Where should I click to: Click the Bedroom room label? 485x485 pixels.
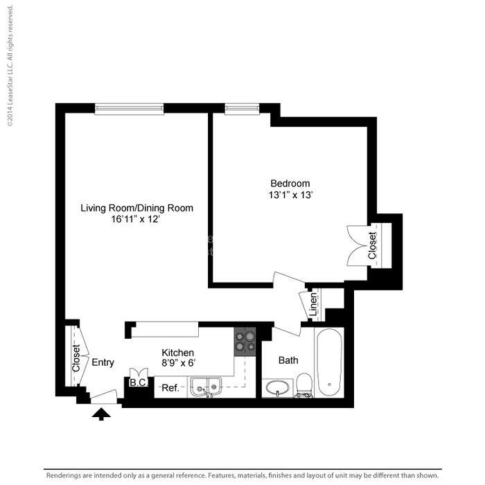pyautogui.click(x=290, y=184)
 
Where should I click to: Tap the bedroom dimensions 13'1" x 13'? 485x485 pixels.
pyautogui.click(x=291, y=195)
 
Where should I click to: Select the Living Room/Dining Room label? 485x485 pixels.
pyautogui.click(x=136, y=208)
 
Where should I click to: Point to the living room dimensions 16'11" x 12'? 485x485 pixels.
pyautogui.click(x=136, y=220)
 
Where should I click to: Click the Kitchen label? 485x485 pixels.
pyautogui.click(x=178, y=353)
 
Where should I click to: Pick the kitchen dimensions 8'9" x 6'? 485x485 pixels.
pyautogui.click(x=179, y=362)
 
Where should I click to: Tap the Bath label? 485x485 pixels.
pyautogui.click(x=288, y=360)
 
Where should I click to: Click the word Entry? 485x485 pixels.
pyautogui.click(x=103, y=362)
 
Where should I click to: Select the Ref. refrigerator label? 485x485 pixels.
pyautogui.click(x=170, y=388)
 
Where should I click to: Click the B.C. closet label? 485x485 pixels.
pyautogui.click(x=139, y=382)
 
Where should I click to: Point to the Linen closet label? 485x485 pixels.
pyautogui.click(x=313, y=305)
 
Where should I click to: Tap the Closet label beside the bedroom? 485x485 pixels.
pyautogui.click(x=372, y=245)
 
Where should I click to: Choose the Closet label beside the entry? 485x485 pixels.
pyautogui.click(x=76, y=358)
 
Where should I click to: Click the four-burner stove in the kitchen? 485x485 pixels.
pyautogui.click(x=245, y=342)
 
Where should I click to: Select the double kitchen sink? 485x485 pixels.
pyautogui.click(x=206, y=387)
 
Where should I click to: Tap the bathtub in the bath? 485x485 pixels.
pyautogui.click(x=329, y=362)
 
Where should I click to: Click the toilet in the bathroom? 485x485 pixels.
pyautogui.click(x=303, y=385)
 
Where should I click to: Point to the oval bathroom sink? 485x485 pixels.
pyautogui.click(x=277, y=387)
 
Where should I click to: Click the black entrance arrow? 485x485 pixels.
pyautogui.click(x=101, y=414)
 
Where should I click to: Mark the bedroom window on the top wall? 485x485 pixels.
pyautogui.click(x=242, y=109)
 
